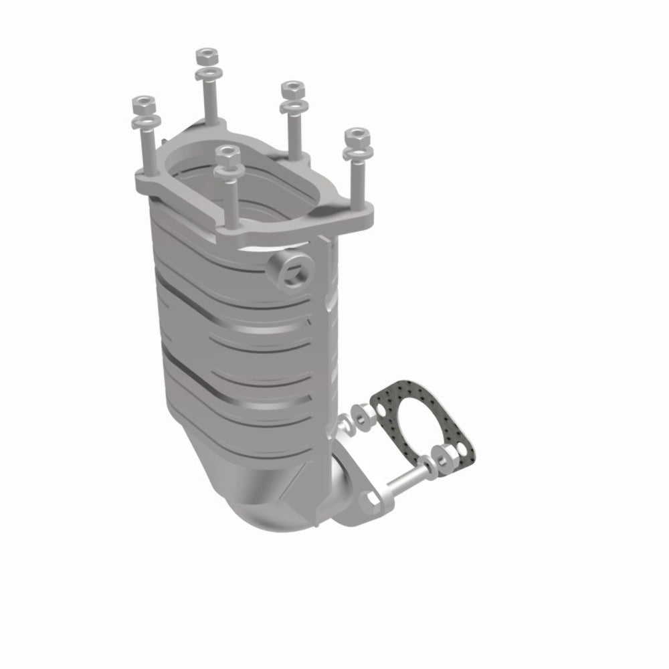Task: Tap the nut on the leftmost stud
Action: [144, 104]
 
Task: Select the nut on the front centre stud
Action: [227, 154]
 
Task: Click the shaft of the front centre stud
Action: [231, 201]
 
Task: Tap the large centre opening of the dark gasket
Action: [418, 421]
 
